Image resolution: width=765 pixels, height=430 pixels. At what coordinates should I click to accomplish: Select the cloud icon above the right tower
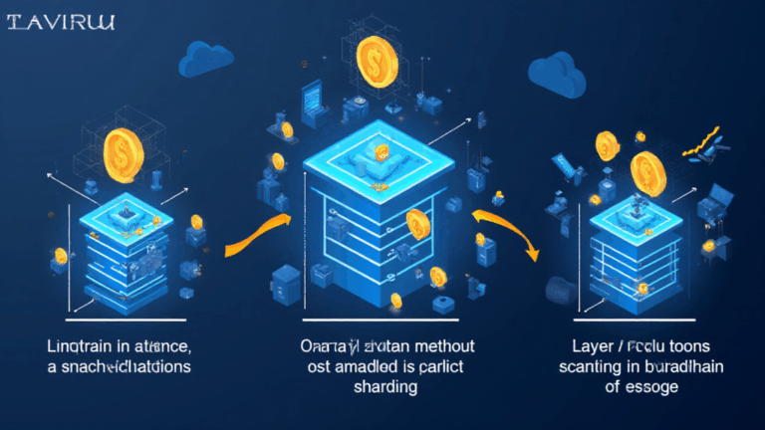pos(556,69)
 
